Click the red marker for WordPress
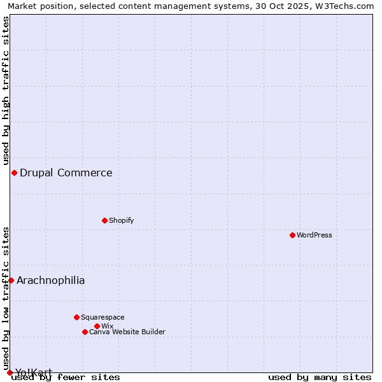pos(292,235)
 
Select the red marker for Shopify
pos(104,220)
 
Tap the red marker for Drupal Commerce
pos(14,173)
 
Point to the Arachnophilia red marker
pos(11,280)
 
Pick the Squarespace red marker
pos(76,317)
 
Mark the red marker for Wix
pos(97,326)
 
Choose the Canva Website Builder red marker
pos(85,332)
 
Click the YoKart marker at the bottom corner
pos(10,372)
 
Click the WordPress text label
pos(315,235)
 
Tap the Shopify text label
pos(121,220)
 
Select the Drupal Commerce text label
pos(66,173)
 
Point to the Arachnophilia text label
pos(51,280)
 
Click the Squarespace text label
pos(103,317)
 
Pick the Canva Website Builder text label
pos(127,332)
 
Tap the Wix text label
pos(107,326)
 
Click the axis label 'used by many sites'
pos(320,377)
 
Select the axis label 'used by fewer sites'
pos(66,377)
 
